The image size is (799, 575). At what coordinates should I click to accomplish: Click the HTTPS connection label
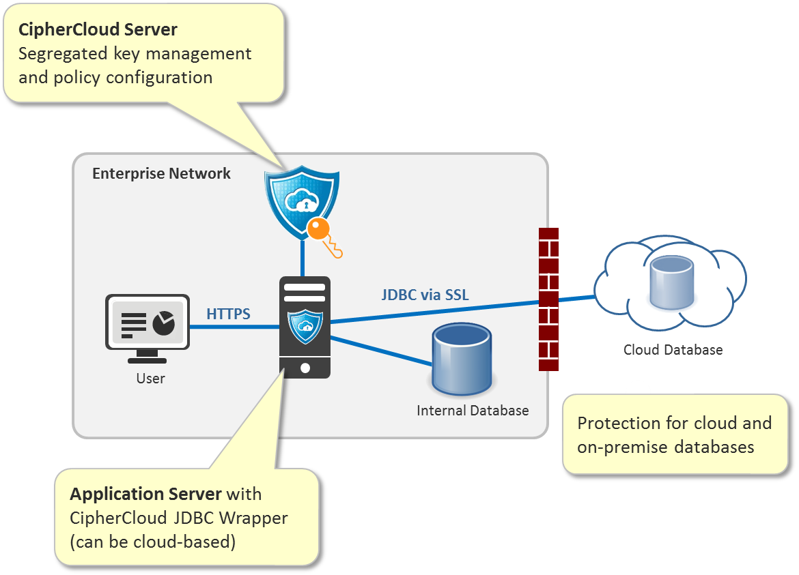[x=228, y=314]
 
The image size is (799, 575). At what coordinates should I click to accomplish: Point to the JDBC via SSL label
[x=425, y=295]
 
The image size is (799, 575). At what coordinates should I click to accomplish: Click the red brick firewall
[x=548, y=299]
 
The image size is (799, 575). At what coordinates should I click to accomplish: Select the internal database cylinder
[x=462, y=359]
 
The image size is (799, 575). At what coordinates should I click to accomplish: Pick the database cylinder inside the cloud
[x=671, y=282]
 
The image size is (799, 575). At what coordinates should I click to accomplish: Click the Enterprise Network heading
[x=161, y=173]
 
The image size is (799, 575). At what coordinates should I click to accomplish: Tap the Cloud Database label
[x=673, y=350]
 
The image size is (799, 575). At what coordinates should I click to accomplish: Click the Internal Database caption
[x=473, y=411]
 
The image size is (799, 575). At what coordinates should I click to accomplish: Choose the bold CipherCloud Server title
[x=98, y=30]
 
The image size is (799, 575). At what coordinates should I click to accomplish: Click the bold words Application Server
[x=145, y=494]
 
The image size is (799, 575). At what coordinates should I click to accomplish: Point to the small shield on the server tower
[x=305, y=327]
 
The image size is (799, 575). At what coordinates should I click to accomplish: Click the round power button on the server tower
[x=305, y=368]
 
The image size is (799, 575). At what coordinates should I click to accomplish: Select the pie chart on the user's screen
[x=163, y=323]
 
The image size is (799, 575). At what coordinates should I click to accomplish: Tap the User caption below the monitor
[x=150, y=378]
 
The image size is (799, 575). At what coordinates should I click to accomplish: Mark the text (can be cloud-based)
[x=152, y=542]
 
